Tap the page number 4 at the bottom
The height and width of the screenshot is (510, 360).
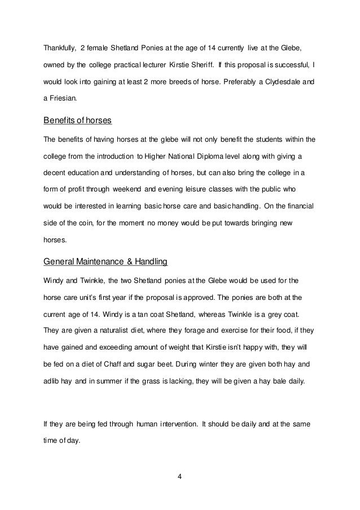point(179,480)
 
